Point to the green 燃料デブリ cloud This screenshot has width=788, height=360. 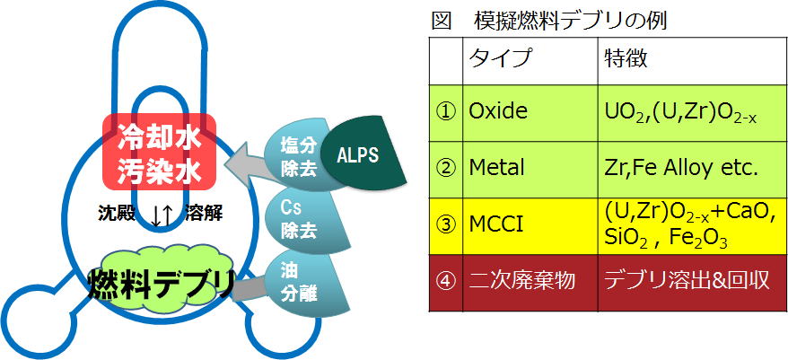(x=161, y=283)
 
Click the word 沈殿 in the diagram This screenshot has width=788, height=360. (x=116, y=214)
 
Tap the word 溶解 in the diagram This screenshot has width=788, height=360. (x=204, y=214)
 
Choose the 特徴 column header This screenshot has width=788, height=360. (x=626, y=59)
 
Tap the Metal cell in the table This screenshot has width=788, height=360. (x=530, y=170)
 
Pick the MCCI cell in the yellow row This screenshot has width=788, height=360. (x=530, y=225)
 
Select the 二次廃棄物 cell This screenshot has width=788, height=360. (x=530, y=283)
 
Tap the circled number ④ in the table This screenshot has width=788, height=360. (x=446, y=283)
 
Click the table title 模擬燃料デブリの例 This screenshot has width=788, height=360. (x=570, y=22)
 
